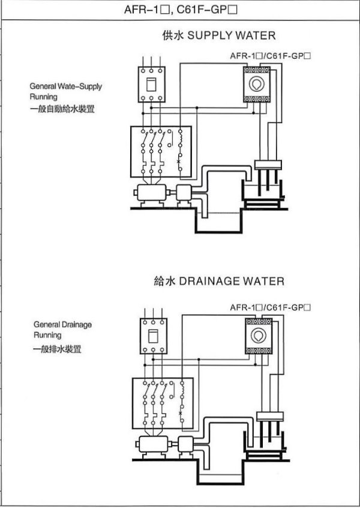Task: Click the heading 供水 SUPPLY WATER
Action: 219,35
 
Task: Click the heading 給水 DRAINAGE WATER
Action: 219,281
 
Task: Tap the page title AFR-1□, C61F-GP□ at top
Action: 181,10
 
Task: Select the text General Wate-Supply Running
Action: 66,91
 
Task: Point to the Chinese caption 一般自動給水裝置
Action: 62,109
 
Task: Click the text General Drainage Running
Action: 62,330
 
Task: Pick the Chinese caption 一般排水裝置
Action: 57,349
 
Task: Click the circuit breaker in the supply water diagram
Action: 152,84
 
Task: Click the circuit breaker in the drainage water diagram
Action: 154,336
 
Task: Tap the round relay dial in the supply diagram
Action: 256,84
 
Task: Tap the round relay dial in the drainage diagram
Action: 259,335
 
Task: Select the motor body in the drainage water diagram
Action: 154,444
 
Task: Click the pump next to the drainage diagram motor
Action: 186,444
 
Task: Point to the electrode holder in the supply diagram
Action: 268,165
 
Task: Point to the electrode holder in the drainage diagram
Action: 269,416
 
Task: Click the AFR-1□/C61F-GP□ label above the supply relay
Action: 271,56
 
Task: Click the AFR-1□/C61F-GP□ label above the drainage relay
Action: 271,307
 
